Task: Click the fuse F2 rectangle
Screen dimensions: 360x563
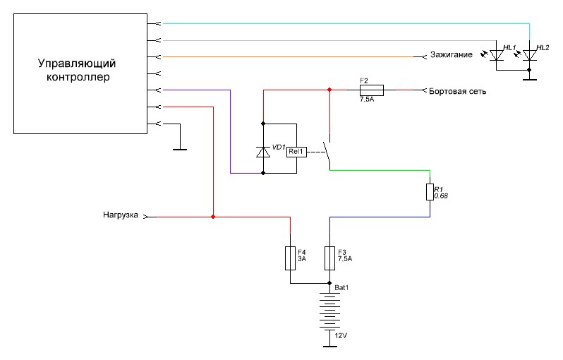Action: pyautogui.click(x=371, y=90)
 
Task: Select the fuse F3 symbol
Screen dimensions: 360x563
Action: pyautogui.click(x=329, y=258)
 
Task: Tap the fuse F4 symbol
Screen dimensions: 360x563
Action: pyautogui.click(x=289, y=258)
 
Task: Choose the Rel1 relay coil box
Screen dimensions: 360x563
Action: pyautogui.click(x=296, y=151)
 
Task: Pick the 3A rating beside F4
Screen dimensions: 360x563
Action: pyautogui.click(x=302, y=259)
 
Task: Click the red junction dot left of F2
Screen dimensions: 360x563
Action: pyautogui.click(x=329, y=90)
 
